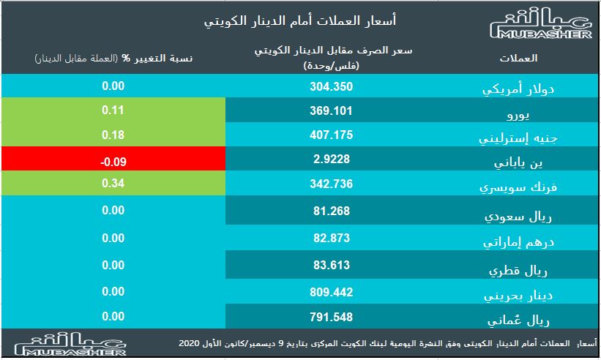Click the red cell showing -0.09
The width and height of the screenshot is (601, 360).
point(113,160)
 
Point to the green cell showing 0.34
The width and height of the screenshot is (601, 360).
point(113,183)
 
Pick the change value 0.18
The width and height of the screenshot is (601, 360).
point(113,135)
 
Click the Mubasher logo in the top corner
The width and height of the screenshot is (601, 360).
point(539,27)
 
